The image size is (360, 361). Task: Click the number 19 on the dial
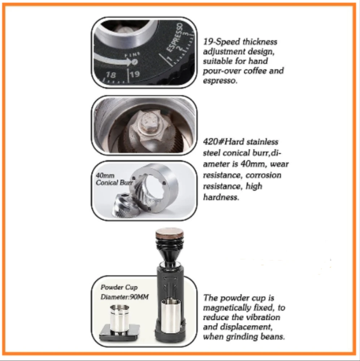click(x=135, y=74)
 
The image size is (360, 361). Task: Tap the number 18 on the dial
click(x=110, y=75)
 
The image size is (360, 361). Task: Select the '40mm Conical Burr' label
click(x=114, y=179)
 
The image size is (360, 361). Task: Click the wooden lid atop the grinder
click(x=170, y=235)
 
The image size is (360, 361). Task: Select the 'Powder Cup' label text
click(x=119, y=287)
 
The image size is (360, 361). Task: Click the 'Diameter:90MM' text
click(x=124, y=297)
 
